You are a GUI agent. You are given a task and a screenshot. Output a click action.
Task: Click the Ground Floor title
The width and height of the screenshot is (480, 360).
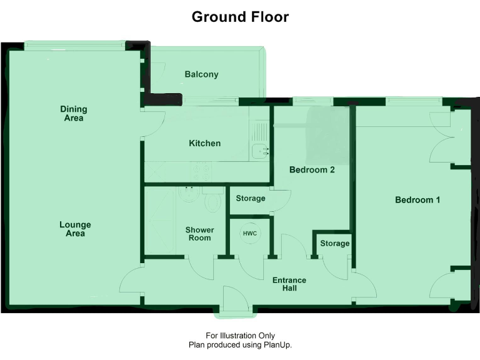(x=240, y=17)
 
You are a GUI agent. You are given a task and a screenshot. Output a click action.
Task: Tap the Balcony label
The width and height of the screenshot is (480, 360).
(x=201, y=74)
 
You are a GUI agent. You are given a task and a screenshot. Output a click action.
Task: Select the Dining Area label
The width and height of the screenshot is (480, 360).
(x=73, y=113)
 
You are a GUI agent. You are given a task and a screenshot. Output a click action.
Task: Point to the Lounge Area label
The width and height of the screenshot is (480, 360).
(x=75, y=229)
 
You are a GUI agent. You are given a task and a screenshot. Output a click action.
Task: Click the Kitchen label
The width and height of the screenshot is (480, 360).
(x=204, y=143)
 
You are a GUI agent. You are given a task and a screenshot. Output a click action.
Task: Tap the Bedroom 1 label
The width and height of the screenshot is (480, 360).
(x=417, y=200)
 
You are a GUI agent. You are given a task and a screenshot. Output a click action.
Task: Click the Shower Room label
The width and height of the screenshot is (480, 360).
(x=199, y=234)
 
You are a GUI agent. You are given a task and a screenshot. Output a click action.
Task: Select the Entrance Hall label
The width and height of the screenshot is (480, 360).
(x=289, y=284)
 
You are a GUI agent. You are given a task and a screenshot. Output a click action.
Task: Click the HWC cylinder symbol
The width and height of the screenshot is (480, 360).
(x=249, y=233)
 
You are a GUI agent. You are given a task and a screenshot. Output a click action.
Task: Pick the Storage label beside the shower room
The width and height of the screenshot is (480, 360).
(x=250, y=199)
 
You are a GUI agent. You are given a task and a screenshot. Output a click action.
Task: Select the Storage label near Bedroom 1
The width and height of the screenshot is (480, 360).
(x=334, y=243)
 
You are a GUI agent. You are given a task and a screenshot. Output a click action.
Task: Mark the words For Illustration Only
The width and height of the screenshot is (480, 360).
(x=240, y=336)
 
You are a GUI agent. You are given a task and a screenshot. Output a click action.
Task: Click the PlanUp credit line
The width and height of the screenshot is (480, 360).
(x=240, y=344)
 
